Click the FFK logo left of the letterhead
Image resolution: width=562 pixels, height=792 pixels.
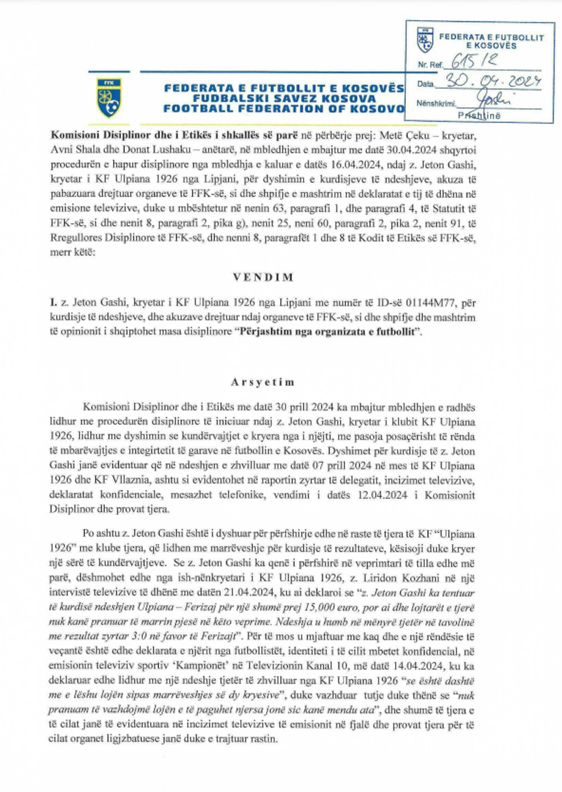point(109,97)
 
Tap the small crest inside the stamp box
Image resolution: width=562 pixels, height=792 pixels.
point(425,40)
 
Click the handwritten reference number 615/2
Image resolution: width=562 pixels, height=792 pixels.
point(474,60)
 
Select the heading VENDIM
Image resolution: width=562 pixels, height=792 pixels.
point(263,277)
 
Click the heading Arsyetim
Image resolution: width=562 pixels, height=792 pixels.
point(263,382)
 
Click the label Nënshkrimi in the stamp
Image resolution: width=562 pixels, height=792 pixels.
point(436,103)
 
